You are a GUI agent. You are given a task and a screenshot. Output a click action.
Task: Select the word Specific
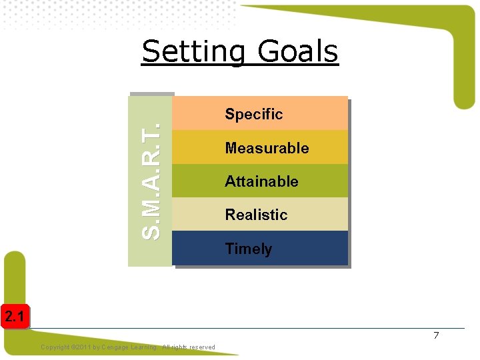[253, 114]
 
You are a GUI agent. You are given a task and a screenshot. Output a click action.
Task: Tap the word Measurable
[267, 148]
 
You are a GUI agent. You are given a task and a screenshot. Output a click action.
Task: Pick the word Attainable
[261, 181]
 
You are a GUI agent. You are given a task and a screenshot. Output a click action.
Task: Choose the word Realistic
[256, 215]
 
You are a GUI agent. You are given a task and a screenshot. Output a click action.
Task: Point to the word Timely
[248, 249]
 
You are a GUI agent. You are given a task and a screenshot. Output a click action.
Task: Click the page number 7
[436, 335]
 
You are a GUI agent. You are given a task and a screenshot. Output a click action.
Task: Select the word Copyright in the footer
[55, 347]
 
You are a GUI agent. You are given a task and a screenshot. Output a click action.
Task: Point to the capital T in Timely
[229, 249]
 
